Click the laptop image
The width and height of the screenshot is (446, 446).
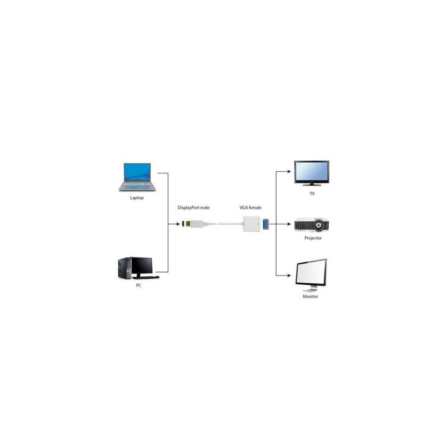click(x=137, y=177)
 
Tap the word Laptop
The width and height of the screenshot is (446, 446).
click(x=137, y=198)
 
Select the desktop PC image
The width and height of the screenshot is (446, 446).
click(x=138, y=268)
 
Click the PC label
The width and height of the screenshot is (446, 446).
click(x=138, y=285)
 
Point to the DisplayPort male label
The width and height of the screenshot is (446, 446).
click(x=193, y=207)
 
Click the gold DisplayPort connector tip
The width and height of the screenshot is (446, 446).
click(x=188, y=224)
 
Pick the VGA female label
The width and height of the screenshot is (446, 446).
click(x=250, y=207)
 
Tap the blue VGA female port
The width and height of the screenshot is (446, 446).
click(x=266, y=224)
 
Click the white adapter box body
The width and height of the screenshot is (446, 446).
click(x=252, y=224)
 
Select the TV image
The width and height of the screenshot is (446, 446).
click(x=312, y=173)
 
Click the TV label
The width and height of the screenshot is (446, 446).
click(x=312, y=193)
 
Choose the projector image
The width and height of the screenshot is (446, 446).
click(x=312, y=225)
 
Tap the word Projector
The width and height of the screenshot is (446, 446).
click(x=313, y=238)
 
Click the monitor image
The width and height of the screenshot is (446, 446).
click(x=311, y=275)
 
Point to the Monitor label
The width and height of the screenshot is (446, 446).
click(x=311, y=297)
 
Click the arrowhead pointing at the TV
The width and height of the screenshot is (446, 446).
click(x=289, y=172)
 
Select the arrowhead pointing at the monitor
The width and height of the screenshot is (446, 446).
click(x=289, y=275)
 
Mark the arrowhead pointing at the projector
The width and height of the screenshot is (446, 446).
click(x=289, y=224)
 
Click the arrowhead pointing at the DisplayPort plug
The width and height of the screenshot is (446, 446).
click(x=178, y=224)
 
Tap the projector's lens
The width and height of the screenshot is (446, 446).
click(x=318, y=225)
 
